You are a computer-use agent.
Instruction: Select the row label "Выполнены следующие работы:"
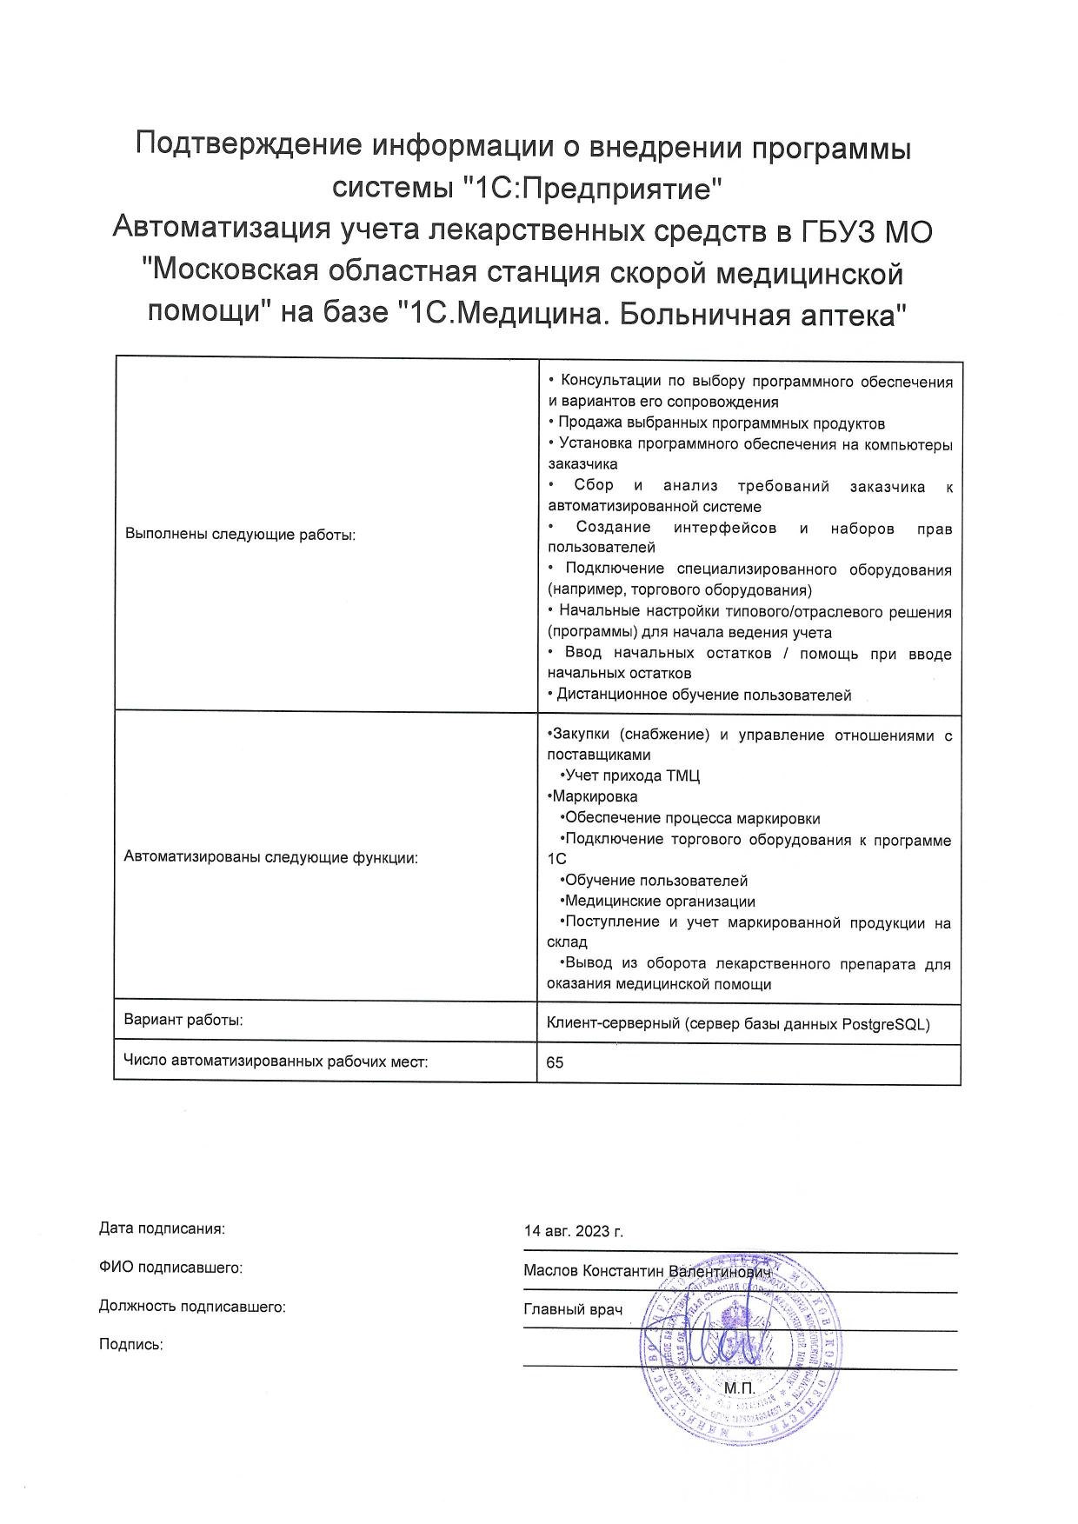coord(241,535)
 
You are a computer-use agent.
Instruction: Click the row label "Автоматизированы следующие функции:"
coord(271,857)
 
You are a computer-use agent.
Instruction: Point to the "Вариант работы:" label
coord(183,1020)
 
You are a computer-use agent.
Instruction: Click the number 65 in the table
coord(555,1062)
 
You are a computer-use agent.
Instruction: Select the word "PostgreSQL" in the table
coord(886,1024)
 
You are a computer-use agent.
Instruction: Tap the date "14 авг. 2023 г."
coord(574,1232)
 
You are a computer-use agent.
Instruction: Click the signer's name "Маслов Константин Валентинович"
coord(648,1271)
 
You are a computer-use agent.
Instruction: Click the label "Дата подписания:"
coord(162,1228)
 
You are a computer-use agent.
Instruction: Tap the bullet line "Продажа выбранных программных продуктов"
coord(721,423)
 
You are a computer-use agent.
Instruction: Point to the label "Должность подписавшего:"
coord(192,1306)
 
